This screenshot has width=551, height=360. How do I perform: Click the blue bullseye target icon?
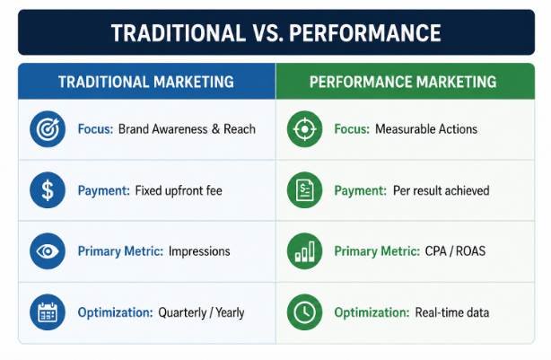[x=48, y=129]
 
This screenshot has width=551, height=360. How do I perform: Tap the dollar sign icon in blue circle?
[x=48, y=190]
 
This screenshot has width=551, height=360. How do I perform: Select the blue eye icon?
[x=48, y=251]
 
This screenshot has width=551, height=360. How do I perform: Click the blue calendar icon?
[x=48, y=312]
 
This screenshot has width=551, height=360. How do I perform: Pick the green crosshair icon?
[x=305, y=129]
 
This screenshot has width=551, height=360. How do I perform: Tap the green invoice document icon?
[x=305, y=190]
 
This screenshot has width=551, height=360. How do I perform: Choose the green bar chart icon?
[x=305, y=251]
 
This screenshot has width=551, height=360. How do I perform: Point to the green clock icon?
[x=305, y=312]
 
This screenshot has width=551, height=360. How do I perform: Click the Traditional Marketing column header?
[x=146, y=82]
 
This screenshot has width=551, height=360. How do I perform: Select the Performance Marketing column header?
[x=403, y=82]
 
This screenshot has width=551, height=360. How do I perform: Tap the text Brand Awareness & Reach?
[x=187, y=129]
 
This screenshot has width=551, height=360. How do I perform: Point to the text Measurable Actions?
[x=426, y=129]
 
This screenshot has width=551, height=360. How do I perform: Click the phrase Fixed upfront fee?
[x=179, y=190]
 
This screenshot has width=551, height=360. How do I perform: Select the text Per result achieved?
[x=441, y=190]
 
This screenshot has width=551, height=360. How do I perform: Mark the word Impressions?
[x=199, y=251]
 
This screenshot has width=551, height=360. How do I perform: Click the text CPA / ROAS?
[x=455, y=251]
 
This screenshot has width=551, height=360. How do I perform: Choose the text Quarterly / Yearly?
[x=201, y=313]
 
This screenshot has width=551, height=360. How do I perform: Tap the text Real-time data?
[x=452, y=312]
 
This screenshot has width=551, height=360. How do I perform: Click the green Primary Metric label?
[x=377, y=251]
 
